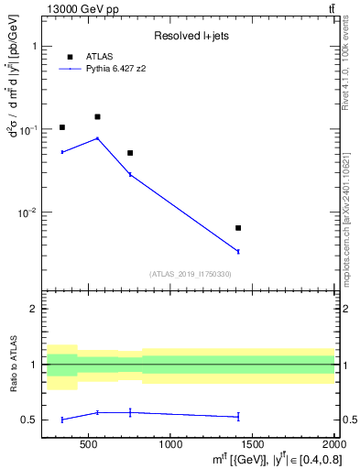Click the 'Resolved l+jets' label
(190, 36)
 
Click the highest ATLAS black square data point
(98, 116)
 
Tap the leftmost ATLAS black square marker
(62, 127)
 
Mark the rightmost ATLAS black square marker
(238, 228)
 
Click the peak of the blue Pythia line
(98, 138)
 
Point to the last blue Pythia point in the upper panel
(238, 251)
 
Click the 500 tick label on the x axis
(89, 446)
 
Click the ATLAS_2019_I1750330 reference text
(191, 274)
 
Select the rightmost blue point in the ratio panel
(238, 417)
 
